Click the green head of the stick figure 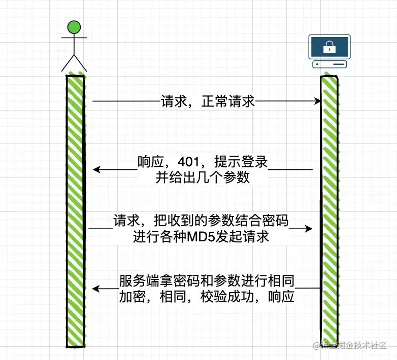pos(74,27)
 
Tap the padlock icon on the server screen pos(329,48)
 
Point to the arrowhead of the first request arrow pos(317,102)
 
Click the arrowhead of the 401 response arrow pos(96,169)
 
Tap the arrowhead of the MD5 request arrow pos(309,229)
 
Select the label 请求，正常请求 pos(208,101)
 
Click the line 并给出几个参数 pos(203,178)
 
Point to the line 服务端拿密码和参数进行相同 pos(208,280)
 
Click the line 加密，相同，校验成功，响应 pos(207,297)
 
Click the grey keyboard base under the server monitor pos(329,64)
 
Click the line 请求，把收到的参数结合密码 pos(201,222)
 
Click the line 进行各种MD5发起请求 pos(201,237)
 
